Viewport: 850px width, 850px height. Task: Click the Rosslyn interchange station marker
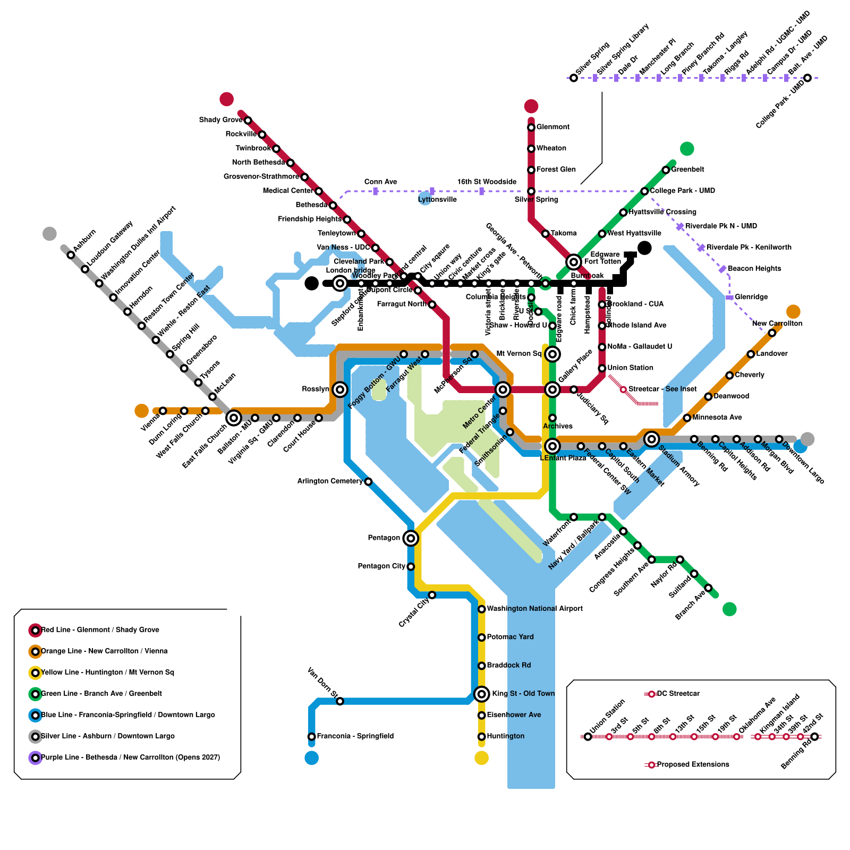pyautogui.click(x=340, y=389)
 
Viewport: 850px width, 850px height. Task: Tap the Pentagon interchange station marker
pyautogui.click(x=411, y=538)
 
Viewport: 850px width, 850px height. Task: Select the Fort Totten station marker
pyautogui.click(x=574, y=262)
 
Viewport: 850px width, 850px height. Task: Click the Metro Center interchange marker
pyautogui.click(x=503, y=389)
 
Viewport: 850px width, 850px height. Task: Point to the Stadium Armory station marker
pyautogui.click(x=652, y=439)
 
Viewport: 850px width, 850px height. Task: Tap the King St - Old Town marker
pyautogui.click(x=482, y=694)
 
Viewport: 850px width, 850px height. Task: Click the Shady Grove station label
pyautogui.click(x=220, y=120)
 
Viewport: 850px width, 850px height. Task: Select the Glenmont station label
pyautogui.click(x=552, y=127)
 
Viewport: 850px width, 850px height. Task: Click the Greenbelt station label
pyautogui.click(x=687, y=169)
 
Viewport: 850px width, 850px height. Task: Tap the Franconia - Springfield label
pyautogui.click(x=355, y=736)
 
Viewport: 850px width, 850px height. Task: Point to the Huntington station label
pyautogui.click(x=505, y=736)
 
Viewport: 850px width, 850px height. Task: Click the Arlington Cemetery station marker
pyautogui.click(x=368, y=482)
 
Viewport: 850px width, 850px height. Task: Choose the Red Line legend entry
pyautogui.click(x=100, y=630)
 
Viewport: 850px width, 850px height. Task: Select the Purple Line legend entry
pyautogui.click(x=130, y=758)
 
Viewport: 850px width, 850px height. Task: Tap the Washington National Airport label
pyautogui.click(x=534, y=609)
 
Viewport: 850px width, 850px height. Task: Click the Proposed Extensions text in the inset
pyautogui.click(x=693, y=764)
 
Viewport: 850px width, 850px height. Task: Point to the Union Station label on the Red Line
pyautogui.click(x=630, y=368)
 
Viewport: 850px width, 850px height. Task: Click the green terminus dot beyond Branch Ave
pyautogui.click(x=730, y=609)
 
